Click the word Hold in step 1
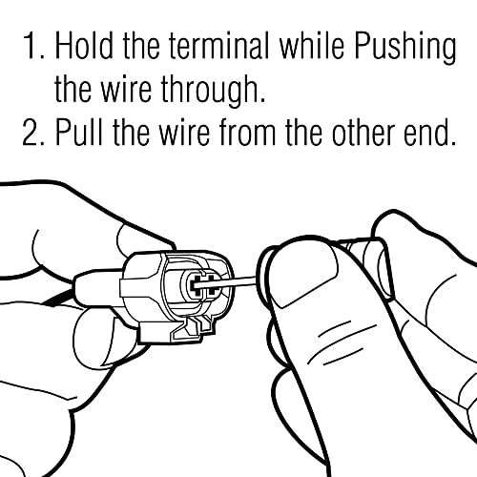(x=84, y=46)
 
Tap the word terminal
(x=218, y=46)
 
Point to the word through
(x=213, y=92)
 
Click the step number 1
(x=31, y=46)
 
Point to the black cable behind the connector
(x=60, y=298)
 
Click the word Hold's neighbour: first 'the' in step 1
(x=141, y=46)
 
